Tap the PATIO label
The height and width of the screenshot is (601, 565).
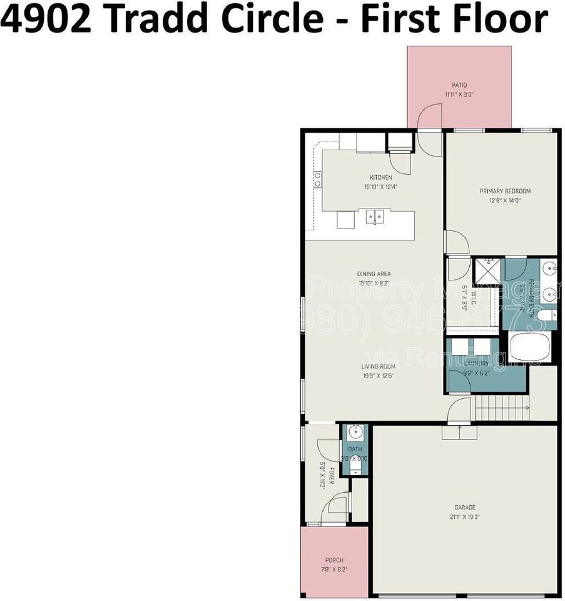click(x=459, y=85)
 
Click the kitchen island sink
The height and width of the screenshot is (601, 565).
click(x=375, y=217)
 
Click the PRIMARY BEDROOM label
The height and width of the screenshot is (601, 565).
click(x=504, y=191)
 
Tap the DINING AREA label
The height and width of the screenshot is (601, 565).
click(x=374, y=274)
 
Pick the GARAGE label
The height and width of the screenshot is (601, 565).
click(x=464, y=508)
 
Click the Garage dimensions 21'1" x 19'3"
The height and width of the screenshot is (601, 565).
click(x=464, y=516)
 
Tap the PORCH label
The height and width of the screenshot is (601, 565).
click(x=334, y=560)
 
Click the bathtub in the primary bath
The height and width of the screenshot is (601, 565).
click(x=529, y=347)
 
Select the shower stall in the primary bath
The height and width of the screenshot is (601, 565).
click(x=487, y=270)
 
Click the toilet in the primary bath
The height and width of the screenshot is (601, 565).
click(x=546, y=314)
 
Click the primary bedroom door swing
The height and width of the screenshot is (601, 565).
click(x=456, y=242)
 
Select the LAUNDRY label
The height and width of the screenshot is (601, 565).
click(x=476, y=363)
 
